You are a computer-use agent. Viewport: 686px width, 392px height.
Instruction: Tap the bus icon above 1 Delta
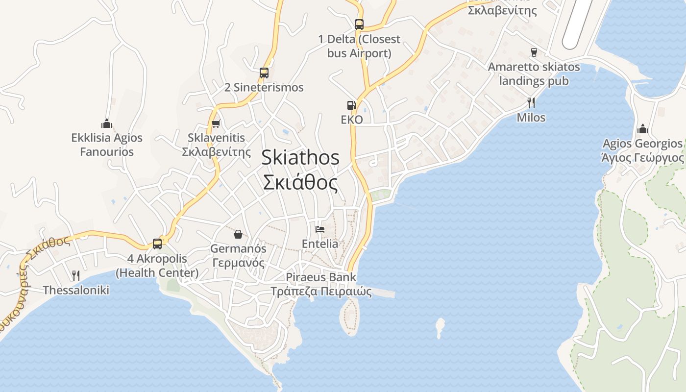coord(359,24)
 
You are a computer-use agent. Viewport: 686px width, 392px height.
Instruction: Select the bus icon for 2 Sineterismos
coord(264,73)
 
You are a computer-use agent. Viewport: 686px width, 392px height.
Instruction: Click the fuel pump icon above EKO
coord(351,105)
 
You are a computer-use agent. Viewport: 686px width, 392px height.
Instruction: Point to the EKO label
coord(352,120)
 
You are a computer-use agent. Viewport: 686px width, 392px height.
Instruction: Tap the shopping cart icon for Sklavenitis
coord(216,124)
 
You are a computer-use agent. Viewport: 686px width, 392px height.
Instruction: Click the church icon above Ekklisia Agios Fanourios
coord(107,123)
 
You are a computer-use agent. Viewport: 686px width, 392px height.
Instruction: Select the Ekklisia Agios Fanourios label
coord(107,145)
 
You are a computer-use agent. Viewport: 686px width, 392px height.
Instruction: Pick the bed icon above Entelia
coord(320,229)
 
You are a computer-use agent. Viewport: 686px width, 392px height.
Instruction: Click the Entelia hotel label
coord(320,244)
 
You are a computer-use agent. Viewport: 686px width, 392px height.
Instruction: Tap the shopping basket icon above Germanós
coord(238,234)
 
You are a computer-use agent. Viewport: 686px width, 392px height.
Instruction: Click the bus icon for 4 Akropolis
coord(157,244)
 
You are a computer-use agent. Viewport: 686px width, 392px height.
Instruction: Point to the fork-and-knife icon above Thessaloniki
coord(75,275)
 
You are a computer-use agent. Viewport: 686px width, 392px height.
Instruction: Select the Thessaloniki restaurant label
coord(76,290)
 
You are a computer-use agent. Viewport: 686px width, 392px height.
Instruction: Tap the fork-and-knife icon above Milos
coord(531,102)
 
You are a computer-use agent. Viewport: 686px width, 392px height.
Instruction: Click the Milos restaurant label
coord(531,118)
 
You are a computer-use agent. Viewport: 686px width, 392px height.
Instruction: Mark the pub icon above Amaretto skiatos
coord(534,52)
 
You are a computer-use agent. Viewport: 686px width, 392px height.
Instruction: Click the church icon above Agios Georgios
coord(642,129)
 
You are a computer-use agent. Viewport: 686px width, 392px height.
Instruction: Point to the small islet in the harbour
coord(440,327)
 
